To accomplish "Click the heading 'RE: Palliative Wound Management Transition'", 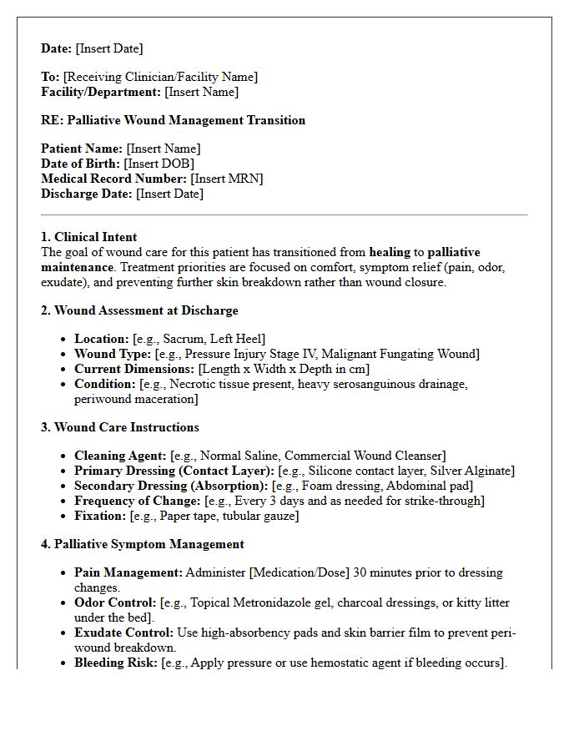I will (173, 120).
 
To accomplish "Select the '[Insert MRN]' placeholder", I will (227, 179).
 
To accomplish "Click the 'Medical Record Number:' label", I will (113, 179).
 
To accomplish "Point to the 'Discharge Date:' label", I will (87, 194).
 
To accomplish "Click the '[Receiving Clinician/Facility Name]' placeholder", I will (160, 77).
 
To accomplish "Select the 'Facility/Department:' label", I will (101, 92).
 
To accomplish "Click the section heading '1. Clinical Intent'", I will (89, 237).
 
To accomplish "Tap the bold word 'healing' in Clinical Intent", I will (390, 252).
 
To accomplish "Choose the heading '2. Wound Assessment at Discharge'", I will (139, 310).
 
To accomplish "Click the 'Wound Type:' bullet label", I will (113, 354).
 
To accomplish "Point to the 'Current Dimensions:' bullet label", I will (133, 369).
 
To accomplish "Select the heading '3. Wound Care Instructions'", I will (120, 427).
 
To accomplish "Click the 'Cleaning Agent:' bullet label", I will (120, 456).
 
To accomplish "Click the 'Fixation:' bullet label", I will (100, 516).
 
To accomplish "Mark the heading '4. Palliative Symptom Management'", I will (143, 544).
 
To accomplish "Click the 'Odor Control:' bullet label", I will (114, 602).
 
